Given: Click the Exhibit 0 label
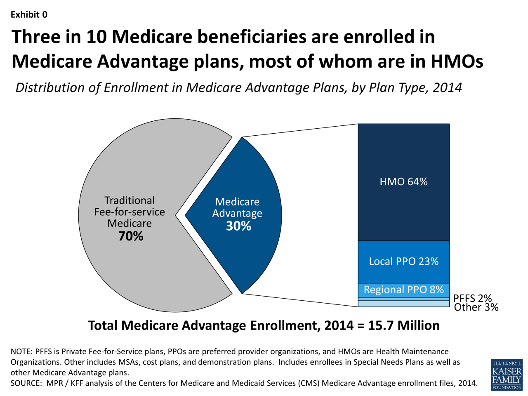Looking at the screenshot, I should point(29,15).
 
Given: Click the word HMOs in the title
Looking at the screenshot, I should point(457,62).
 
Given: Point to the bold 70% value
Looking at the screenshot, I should point(131,236).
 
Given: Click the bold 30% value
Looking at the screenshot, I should point(238,226).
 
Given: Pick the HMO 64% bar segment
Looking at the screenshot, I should point(403,182).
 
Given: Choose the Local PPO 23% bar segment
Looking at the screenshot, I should point(403,262).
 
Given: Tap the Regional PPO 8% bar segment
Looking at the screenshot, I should point(403,290).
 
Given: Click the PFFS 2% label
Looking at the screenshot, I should point(472,298).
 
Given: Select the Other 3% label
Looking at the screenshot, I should point(476,307).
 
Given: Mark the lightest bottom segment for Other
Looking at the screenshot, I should point(403,304).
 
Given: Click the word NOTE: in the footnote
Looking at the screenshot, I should point(21,351).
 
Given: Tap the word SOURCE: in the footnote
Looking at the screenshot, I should point(26,383).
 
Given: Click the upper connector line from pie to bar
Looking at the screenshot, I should point(300,130).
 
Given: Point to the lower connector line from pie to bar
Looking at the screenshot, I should point(300,300).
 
